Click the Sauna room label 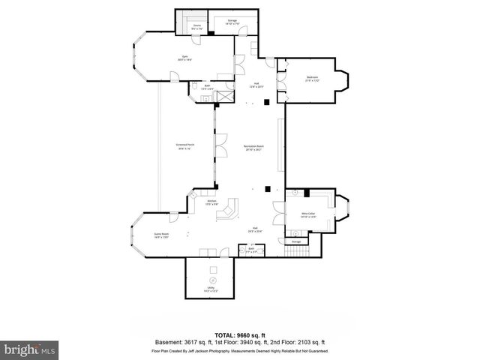click(x=196, y=26)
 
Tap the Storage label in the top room click(x=232, y=21)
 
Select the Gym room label click(x=184, y=58)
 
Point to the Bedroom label click(x=311, y=78)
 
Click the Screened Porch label click(x=184, y=147)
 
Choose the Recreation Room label click(x=253, y=147)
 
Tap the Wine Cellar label click(x=308, y=214)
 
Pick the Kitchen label click(x=211, y=202)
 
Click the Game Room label click(x=161, y=235)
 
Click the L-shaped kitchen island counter click(x=226, y=211)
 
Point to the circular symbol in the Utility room click(x=211, y=280)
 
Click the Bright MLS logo click(x=29, y=349)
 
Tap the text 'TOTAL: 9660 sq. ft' click(x=239, y=335)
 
